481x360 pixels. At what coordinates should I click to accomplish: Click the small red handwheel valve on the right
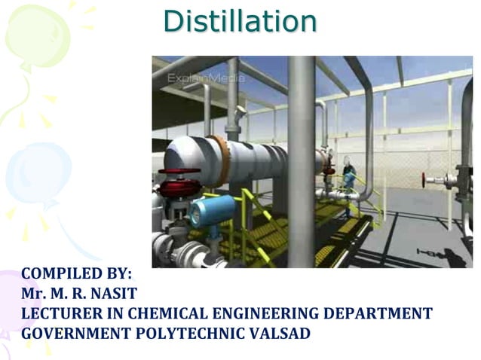[427, 182]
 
